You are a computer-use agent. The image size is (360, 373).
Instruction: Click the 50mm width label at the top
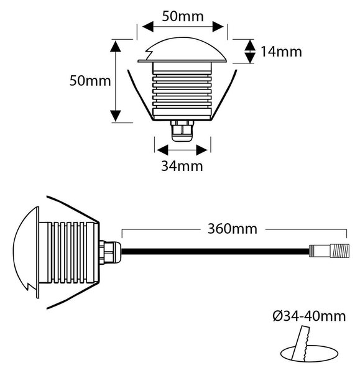point(183,16)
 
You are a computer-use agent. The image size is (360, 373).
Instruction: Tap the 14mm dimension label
point(281,52)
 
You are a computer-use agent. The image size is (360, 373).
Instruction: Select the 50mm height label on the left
point(90,81)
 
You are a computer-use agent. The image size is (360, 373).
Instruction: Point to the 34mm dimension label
point(182,166)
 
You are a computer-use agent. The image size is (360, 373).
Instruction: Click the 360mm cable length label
point(233,229)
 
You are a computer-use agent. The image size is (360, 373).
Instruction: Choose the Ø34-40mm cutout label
point(309,316)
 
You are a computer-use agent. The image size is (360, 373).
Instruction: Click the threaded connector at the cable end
point(330,251)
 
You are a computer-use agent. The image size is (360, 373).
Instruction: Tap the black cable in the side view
point(215,252)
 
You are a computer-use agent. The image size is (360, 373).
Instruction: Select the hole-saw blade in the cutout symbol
point(300,343)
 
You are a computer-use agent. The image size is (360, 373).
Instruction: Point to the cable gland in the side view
point(110,252)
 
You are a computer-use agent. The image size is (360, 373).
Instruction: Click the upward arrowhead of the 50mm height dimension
point(116,46)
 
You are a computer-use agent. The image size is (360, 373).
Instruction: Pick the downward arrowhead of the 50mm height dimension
point(116,116)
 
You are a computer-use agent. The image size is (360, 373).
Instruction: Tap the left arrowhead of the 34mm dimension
point(162,150)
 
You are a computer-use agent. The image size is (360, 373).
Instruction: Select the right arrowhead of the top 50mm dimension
point(218,26)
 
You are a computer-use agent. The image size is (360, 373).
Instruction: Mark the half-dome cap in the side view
point(25,252)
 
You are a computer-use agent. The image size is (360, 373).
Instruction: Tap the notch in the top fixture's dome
point(149,54)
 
